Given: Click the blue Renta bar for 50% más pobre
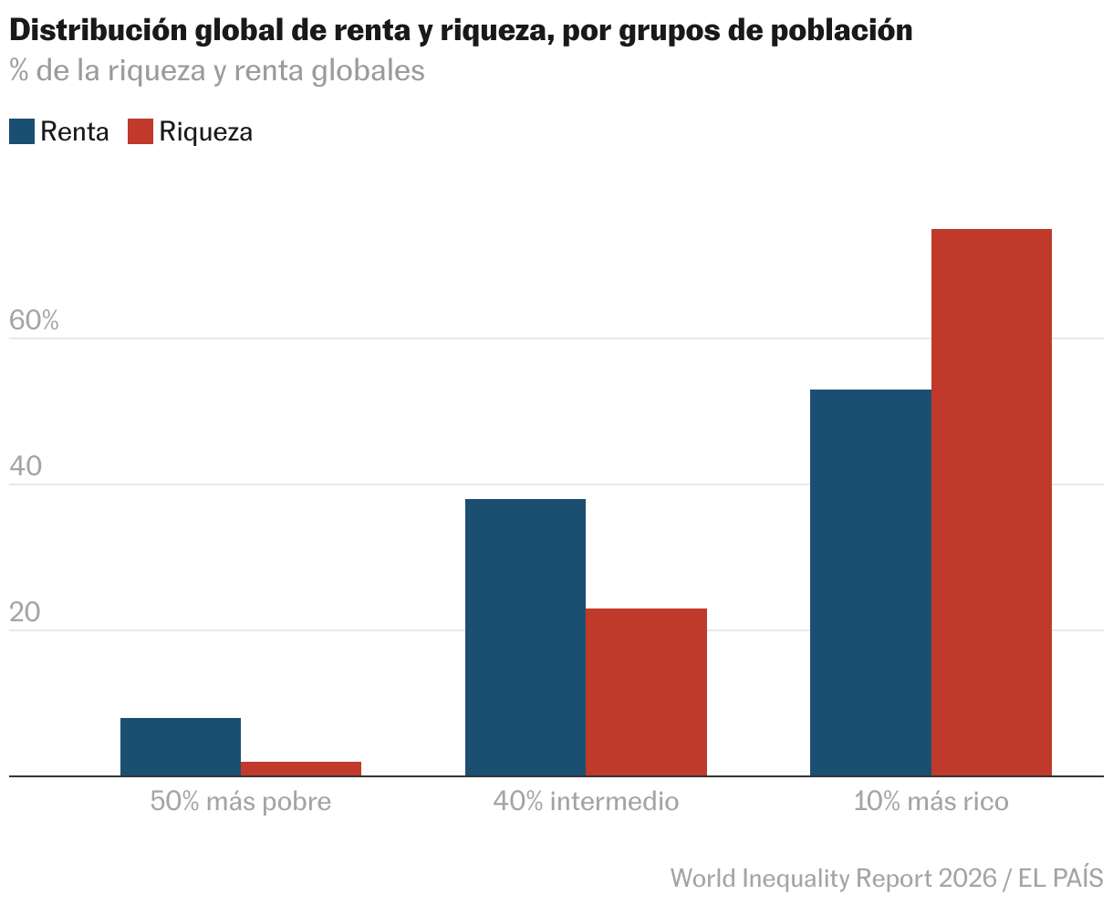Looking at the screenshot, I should [181, 746].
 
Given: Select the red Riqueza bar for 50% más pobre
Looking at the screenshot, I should [301, 768].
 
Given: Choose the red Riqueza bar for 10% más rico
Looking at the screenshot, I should [991, 502].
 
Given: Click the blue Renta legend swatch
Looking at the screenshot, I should [22, 131].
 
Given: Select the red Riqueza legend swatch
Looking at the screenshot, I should [140, 131].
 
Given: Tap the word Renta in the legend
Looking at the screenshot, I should [75, 131].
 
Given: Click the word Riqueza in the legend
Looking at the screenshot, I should [205, 131].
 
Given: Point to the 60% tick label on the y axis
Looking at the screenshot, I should [34, 320].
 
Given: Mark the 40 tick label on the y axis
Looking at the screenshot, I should [26, 466].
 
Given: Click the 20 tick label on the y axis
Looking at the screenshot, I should [26, 612].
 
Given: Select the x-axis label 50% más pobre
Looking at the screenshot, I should [241, 802].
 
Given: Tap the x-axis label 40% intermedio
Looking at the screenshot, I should [586, 802].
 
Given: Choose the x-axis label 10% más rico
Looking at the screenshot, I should [931, 802].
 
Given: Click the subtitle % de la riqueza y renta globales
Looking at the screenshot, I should [217, 71].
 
